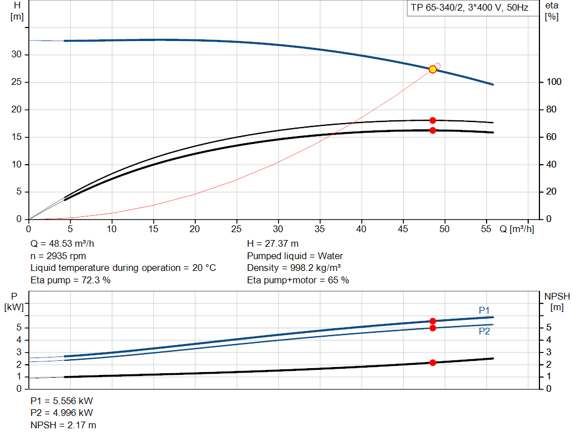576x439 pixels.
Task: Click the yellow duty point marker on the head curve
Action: [x=433, y=69]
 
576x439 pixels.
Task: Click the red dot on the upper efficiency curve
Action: [x=433, y=120]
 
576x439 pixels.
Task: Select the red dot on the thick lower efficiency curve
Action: [x=433, y=130]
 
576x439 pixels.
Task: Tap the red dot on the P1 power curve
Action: [x=433, y=321]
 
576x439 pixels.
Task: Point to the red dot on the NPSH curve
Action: [x=433, y=363]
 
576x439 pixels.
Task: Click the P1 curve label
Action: [x=484, y=310]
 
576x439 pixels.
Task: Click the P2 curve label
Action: [x=484, y=332]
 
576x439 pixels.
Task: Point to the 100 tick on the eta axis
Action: [x=553, y=82]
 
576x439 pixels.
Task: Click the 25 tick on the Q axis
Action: [x=237, y=229]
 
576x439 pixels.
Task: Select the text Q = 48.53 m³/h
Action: [x=63, y=244]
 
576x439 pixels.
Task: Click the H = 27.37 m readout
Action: [x=273, y=244]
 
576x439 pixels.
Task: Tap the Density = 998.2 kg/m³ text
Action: [x=294, y=268]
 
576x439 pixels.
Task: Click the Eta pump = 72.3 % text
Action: [x=70, y=280]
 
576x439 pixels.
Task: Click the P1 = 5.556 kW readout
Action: [x=62, y=401]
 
